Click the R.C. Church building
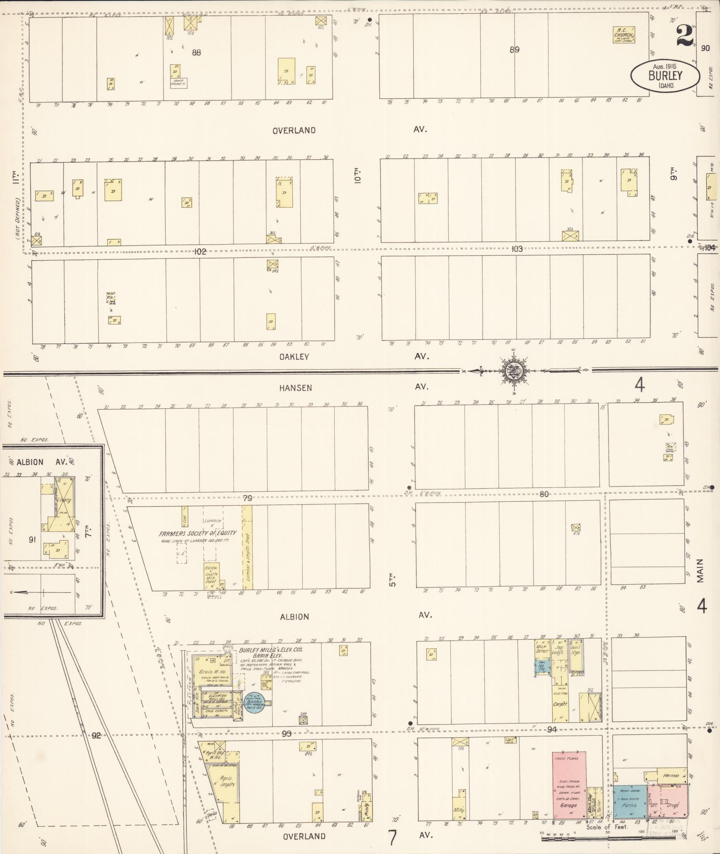click(x=624, y=34)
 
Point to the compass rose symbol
click(x=514, y=370)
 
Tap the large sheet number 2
click(x=685, y=36)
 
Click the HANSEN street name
click(x=295, y=388)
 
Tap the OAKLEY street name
click(x=294, y=357)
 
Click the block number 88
click(x=196, y=53)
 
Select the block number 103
click(x=516, y=249)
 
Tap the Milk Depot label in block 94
click(x=542, y=649)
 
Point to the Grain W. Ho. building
click(x=212, y=672)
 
